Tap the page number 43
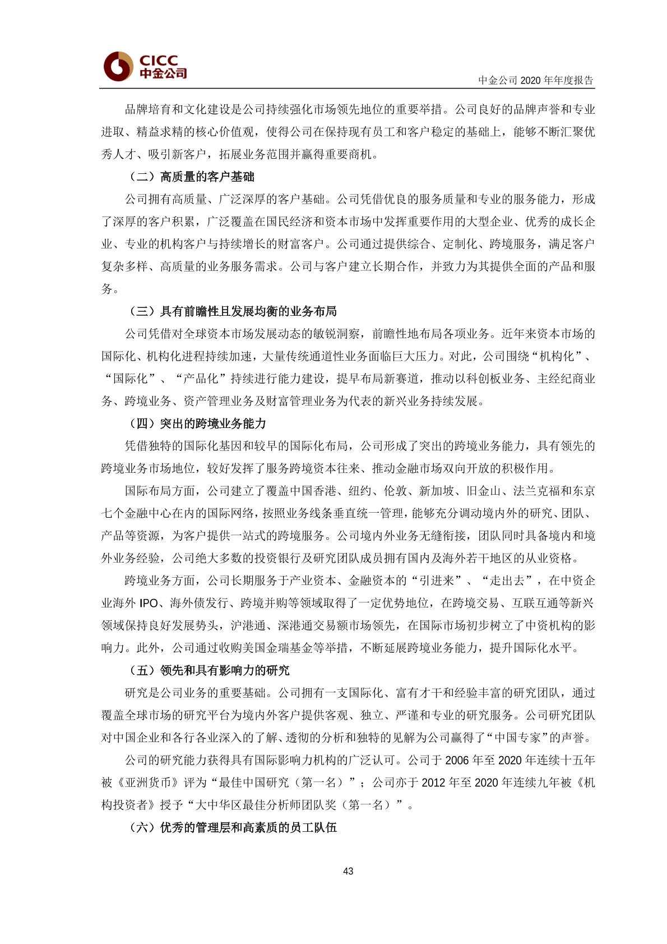[x=348, y=871]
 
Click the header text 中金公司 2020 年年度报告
[x=535, y=80]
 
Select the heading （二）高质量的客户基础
[x=192, y=177]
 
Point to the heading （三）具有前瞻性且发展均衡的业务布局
[x=233, y=311]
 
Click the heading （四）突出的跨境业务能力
[x=198, y=423]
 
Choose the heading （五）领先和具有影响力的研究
[x=210, y=670]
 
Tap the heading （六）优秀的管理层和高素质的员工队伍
[x=233, y=827]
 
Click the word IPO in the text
[x=149, y=603]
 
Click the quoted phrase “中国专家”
[x=518, y=738]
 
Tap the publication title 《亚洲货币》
[x=149, y=782]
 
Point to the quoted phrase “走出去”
[x=509, y=581]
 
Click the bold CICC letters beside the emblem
[x=159, y=60]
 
